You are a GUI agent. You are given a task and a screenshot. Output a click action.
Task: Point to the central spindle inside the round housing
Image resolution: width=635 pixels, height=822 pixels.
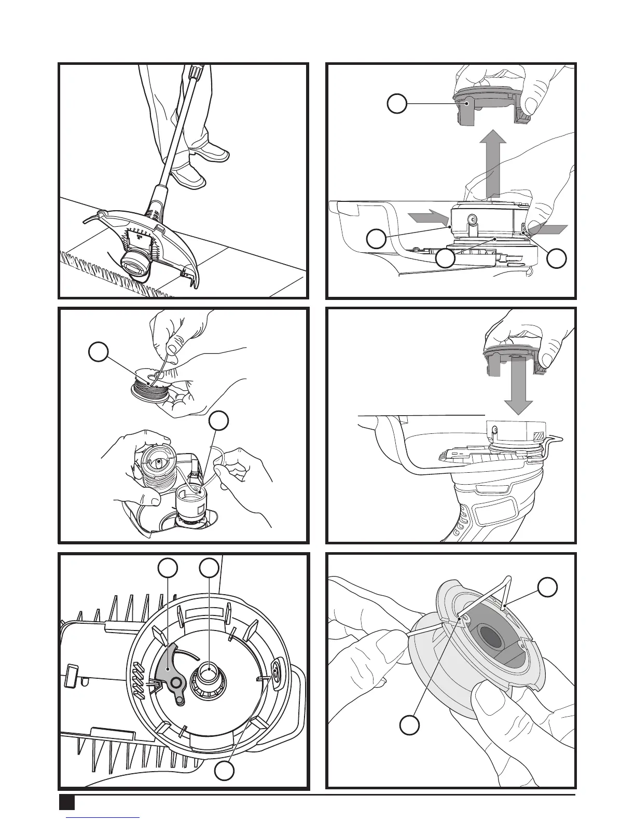click(x=209, y=673)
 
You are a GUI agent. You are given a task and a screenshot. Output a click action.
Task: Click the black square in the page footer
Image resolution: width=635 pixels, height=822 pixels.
click(x=67, y=802)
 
